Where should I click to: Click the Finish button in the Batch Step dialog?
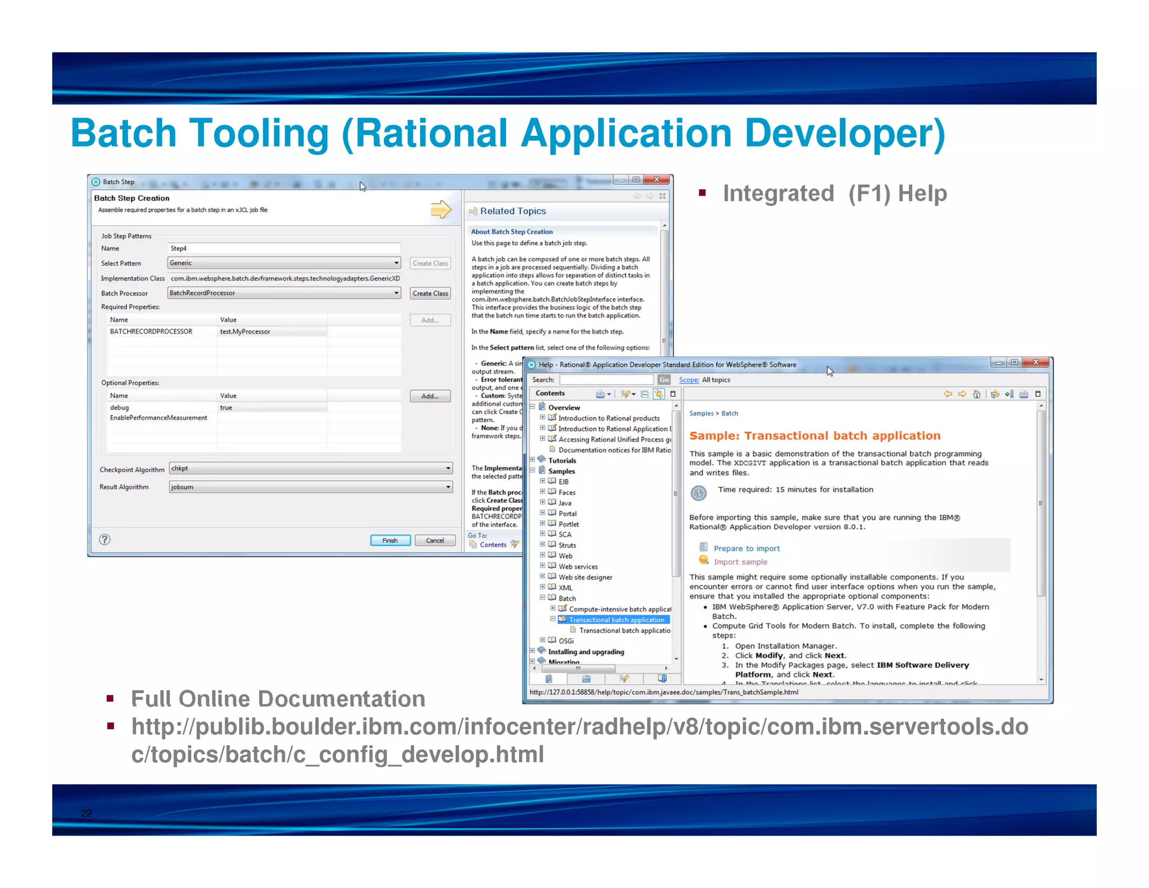pos(390,541)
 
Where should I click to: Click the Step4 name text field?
pos(284,248)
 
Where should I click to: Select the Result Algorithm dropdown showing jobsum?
pos(310,487)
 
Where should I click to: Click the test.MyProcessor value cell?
pos(272,332)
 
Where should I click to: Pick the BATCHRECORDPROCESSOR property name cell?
pos(151,332)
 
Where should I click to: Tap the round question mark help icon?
pos(104,539)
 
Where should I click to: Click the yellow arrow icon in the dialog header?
pos(441,210)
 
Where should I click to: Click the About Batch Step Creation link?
pos(512,232)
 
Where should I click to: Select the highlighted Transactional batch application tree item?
pos(616,620)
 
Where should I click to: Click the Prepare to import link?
pos(746,548)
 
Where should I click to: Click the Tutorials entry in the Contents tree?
pos(562,461)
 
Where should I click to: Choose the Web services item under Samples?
pos(578,567)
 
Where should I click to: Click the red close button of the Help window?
pos(1036,363)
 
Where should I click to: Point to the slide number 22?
pos(86,813)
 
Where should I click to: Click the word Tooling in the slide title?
pos(259,134)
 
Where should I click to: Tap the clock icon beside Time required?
pos(698,493)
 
